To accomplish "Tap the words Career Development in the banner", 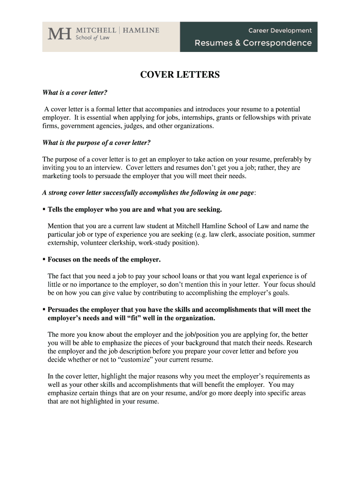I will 280,30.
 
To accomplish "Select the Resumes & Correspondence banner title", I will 253,43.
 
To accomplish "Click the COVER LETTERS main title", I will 180,75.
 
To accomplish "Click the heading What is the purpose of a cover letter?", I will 96,142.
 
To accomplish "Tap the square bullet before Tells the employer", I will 44,209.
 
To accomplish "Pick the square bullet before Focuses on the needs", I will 44,259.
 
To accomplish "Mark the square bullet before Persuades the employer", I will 44,309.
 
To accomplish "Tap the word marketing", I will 58,176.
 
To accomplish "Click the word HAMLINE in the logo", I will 141,30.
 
